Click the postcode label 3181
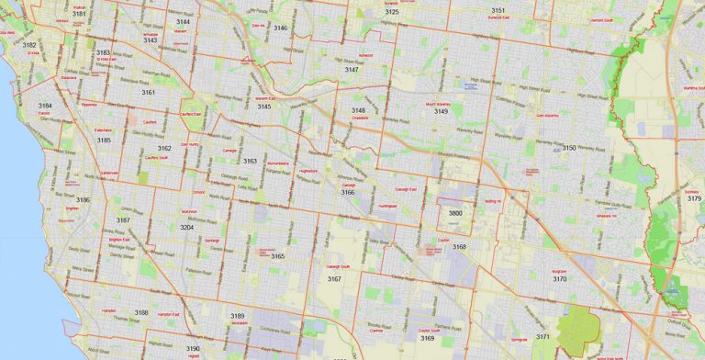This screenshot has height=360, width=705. coord(79,14)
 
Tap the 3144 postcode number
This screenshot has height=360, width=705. coord(184,21)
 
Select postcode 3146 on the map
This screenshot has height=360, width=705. coord(280,28)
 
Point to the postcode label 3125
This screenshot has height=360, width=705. coord(392,12)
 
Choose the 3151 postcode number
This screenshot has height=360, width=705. coord(498,9)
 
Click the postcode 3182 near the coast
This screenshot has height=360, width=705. coord(29,44)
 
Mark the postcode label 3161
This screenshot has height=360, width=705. coord(148,93)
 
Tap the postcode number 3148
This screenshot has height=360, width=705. coord(358,110)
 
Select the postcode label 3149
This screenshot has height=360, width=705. coord(442,111)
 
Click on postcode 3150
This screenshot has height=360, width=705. coord(569,148)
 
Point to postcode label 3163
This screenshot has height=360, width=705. coord(250,161)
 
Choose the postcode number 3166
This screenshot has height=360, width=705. coord(348,193)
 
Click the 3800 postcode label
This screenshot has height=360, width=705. coord(455,213)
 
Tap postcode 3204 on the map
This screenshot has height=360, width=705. coord(186,227)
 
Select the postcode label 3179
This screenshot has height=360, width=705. coord(693,198)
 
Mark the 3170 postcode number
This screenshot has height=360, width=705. coord(559,279)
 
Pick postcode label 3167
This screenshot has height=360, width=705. coord(334,278)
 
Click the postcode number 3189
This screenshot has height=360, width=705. coord(238,316)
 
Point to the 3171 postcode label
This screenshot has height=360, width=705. coord(543,337)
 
